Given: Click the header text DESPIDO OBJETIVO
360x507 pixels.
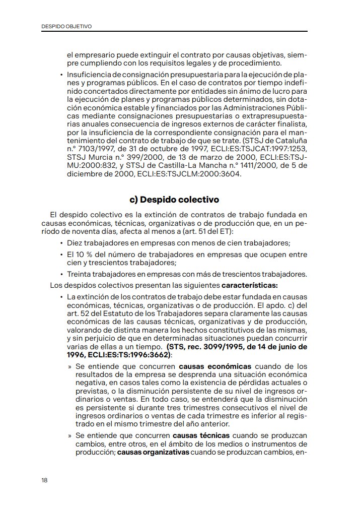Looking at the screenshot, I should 66,26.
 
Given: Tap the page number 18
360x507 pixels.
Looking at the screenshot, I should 45,480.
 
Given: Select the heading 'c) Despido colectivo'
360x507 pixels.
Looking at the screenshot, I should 174,200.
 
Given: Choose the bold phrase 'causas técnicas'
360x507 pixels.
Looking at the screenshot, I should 201,435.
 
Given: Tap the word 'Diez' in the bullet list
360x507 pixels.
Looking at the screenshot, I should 75,242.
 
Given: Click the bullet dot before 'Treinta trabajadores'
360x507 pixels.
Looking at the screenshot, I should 61,275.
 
